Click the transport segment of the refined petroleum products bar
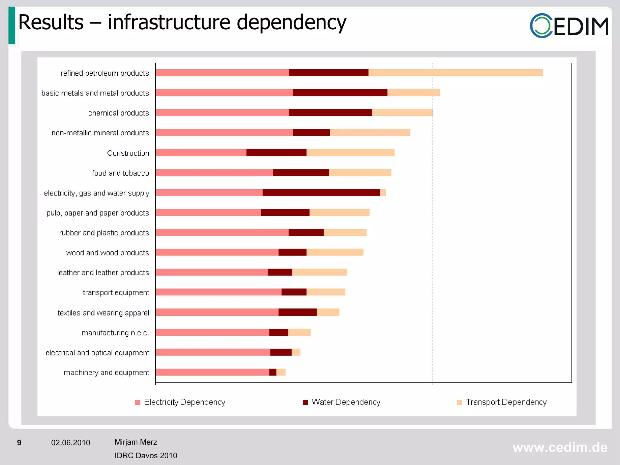[x=456, y=73]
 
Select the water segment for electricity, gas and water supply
[x=321, y=193]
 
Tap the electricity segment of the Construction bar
[x=201, y=153]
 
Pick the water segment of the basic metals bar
[x=340, y=93]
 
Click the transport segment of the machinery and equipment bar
[x=281, y=372]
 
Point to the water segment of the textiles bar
[x=298, y=312]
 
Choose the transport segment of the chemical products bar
[x=402, y=113]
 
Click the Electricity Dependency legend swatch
[x=138, y=402]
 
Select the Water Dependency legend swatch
[x=305, y=402]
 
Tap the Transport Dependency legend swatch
[x=460, y=402]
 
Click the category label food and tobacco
[x=120, y=173]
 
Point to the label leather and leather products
[x=103, y=272]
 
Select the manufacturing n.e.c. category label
[x=115, y=333]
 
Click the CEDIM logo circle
[x=541, y=25]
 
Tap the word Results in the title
[x=51, y=22]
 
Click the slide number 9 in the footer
[x=19, y=443]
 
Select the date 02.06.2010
[x=71, y=443]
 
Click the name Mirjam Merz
[x=136, y=442]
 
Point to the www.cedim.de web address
[x=560, y=447]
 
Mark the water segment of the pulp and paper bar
[x=285, y=213]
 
